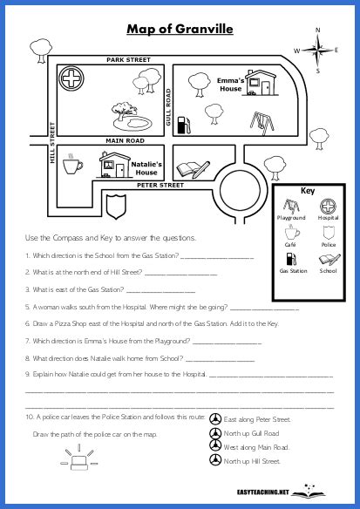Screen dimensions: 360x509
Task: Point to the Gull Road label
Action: click(167, 108)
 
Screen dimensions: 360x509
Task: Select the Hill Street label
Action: click(52, 145)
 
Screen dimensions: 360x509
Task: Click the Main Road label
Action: click(125, 139)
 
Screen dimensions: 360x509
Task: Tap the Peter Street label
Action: click(160, 185)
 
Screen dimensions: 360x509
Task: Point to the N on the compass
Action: click(317, 30)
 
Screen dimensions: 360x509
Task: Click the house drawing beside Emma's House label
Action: click(260, 85)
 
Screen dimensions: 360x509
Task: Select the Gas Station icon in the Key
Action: click(292, 259)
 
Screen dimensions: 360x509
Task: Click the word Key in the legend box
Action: click(306, 191)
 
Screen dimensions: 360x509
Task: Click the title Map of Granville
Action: click(180, 30)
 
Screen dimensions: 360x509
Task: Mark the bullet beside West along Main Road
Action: click(214, 446)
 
